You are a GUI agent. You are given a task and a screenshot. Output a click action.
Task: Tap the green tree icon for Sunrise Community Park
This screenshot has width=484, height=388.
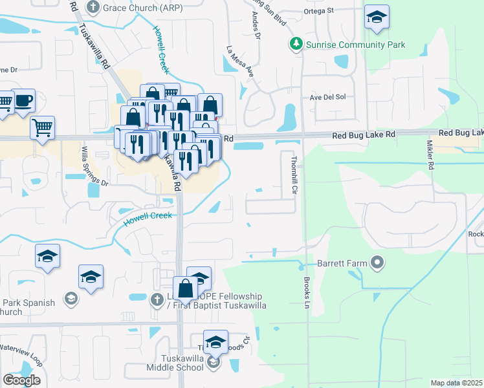pyautogui.click(x=296, y=45)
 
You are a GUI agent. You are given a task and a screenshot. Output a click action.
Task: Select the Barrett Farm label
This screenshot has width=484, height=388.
pyautogui.click(x=342, y=264)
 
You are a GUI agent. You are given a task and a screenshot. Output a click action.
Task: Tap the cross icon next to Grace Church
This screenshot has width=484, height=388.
pyautogui.click(x=93, y=8)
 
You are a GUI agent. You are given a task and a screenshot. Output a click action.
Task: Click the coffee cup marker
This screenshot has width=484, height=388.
pyautogui.click(x=23, y=102)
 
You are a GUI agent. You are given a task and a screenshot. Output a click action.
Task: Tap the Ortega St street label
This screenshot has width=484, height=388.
pyautogui.click(x=320, y=10)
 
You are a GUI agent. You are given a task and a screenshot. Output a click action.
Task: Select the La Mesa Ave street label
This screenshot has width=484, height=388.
pyautogui.click(x=239, y=61)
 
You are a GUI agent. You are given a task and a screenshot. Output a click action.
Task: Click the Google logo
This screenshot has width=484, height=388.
pyautogui.click(x=21, y=380)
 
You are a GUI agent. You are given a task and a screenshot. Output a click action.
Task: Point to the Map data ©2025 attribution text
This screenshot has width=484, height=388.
pyautogui.click(x=457, y=383)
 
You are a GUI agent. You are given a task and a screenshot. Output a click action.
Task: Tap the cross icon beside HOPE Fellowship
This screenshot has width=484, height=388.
pyautogui.click(x=156, y=299)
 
